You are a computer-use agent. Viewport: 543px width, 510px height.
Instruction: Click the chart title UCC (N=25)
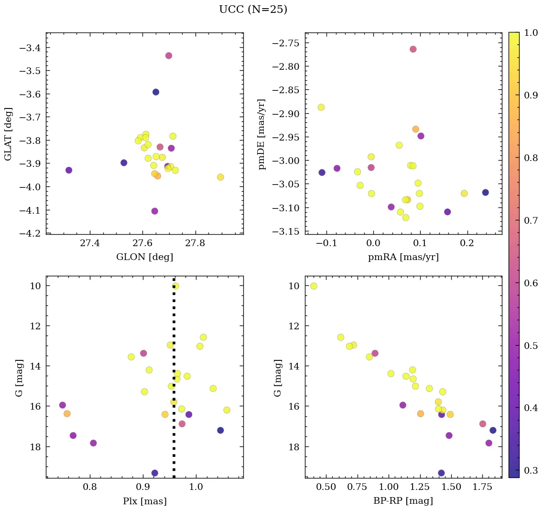click(x=253, y=10)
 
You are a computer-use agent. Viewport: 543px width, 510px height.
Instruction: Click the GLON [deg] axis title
click(x=144, y=257)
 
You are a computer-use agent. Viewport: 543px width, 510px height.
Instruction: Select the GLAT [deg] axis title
click(x=8, y=134)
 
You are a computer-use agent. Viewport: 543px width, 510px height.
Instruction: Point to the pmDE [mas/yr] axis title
click(x=261, y=134)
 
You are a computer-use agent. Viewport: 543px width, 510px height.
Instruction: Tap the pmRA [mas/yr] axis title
click(x=403, y=257)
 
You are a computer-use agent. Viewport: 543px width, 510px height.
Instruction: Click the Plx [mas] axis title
click(x=144, y=501)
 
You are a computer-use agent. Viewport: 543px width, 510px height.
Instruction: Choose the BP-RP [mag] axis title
click(x=403, y=501)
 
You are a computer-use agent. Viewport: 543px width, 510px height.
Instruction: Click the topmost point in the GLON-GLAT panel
click(x=169, y=55)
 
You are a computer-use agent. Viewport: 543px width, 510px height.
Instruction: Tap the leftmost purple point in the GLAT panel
click(x=69, y=170)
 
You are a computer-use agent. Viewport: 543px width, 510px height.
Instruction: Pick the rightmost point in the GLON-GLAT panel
click(x=220, y=177)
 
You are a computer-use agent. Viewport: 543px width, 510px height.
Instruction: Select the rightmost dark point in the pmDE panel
click(x=486, y=192)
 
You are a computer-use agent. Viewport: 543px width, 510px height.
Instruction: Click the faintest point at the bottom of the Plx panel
click(x=154, y=473)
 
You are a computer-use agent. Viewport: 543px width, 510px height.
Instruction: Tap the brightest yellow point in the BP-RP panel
click(x=314, y=286)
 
